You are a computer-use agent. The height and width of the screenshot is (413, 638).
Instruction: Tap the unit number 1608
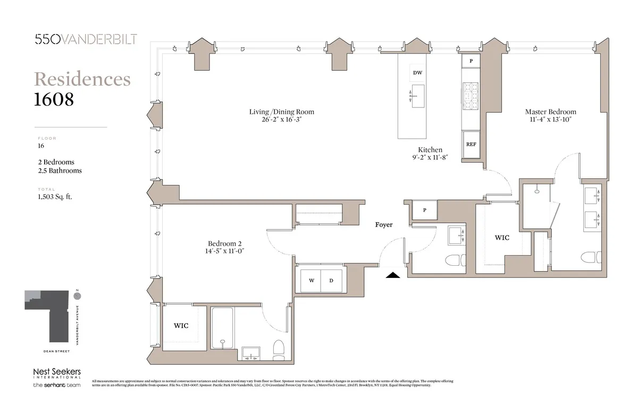click(54, 99)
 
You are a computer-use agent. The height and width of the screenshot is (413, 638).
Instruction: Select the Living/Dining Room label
click(282, 112)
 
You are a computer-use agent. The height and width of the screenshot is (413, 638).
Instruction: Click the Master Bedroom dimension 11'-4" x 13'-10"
click(550, 120)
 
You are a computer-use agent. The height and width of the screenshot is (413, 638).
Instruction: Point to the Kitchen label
click(430, 150)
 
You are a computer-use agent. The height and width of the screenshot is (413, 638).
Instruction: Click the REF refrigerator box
click(471, 145)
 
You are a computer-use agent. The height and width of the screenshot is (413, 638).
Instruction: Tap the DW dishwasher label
click(417, 73)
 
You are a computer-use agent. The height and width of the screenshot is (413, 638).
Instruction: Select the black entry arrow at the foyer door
click(392, 275)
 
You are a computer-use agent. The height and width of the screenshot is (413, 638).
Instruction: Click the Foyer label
click(384, 225)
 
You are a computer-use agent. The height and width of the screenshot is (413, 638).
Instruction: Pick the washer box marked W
click(311, 281)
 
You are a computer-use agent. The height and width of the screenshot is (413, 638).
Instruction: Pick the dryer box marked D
click(331, 281)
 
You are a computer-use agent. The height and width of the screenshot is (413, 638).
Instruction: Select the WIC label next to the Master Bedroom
click(502, 238)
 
